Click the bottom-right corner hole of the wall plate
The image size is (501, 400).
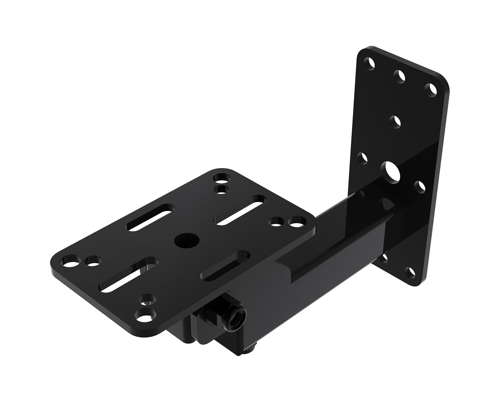(410, 272)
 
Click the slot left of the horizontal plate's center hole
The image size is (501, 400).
(151, 217)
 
